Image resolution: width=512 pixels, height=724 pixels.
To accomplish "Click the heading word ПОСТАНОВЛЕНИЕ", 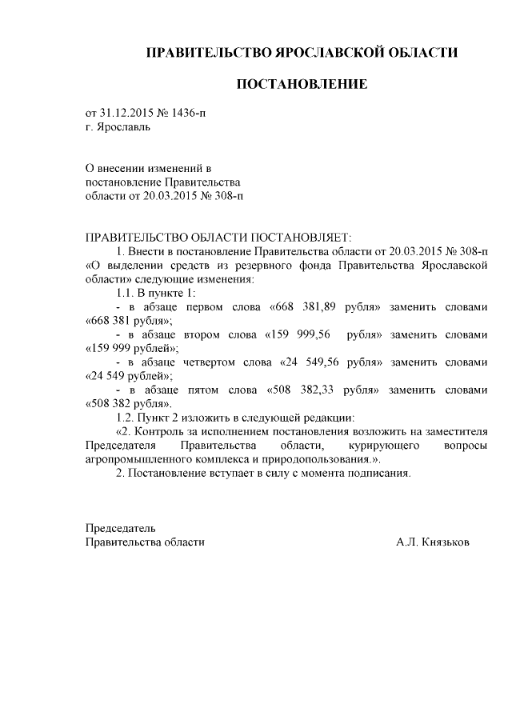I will (302, 84).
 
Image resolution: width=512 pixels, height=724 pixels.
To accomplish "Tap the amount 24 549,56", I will (319, 362).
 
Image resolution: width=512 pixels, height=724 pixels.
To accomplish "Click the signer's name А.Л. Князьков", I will (433, 542).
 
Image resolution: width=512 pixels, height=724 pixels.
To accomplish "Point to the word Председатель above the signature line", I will (120, 528).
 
